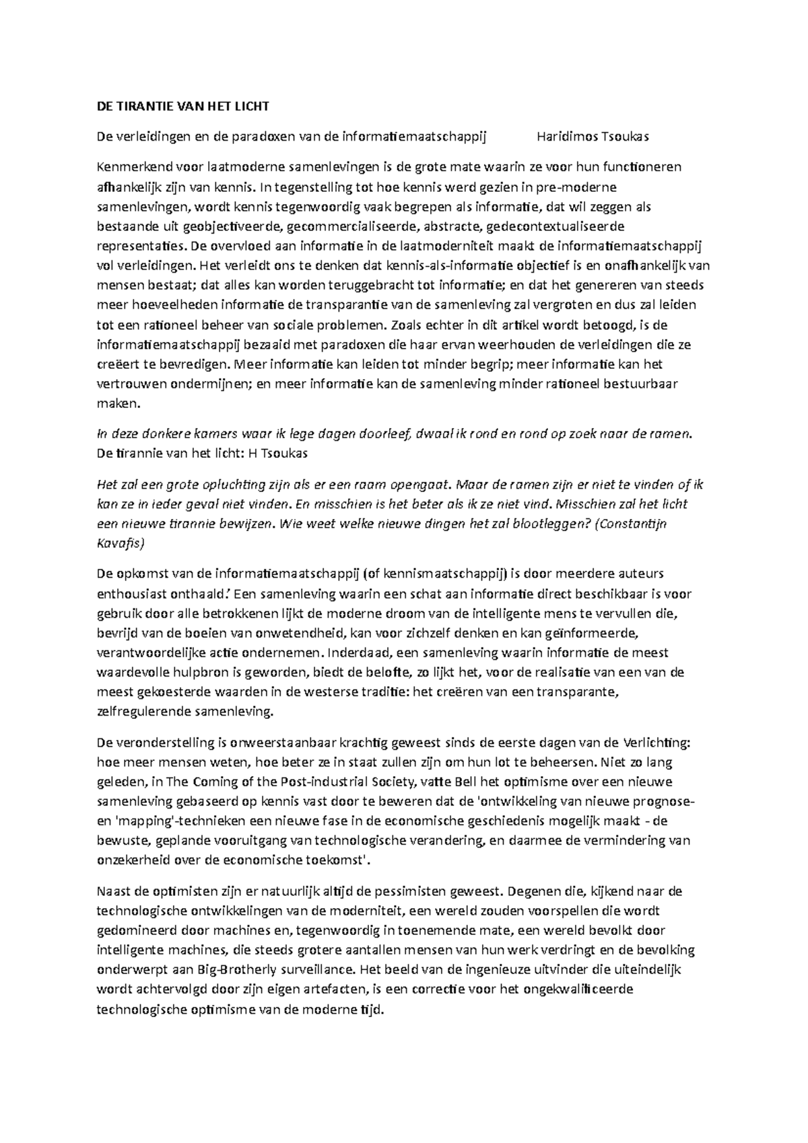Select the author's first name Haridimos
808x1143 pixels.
567,137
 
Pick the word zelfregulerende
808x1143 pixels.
141,712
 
